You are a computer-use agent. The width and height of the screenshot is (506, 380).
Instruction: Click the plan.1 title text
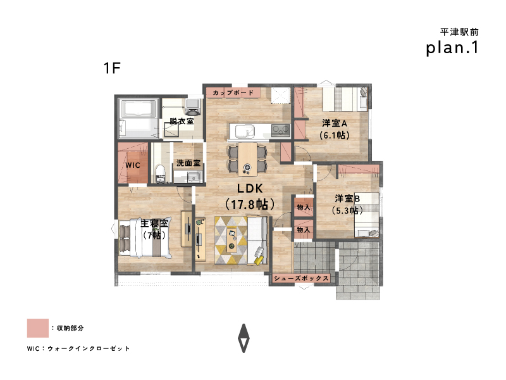point(452,48)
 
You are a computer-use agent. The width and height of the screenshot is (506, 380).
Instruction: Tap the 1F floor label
point(112,68)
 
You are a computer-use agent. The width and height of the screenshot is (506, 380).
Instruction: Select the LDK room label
point(250,188)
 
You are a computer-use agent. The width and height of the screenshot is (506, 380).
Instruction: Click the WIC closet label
point(133,165)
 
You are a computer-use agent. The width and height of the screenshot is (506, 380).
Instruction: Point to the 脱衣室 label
point(182,121)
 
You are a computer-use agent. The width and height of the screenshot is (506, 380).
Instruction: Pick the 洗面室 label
point(188,163)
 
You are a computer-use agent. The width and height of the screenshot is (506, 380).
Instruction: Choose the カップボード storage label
point(233,92)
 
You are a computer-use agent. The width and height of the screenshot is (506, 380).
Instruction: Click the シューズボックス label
point(301,278)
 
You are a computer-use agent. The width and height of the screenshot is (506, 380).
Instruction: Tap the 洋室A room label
point(335,123)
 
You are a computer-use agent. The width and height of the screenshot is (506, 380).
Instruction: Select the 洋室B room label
point(347,198)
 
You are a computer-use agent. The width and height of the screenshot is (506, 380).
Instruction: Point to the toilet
point(161,173)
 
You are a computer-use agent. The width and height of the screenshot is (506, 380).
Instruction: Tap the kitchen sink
point(245,132)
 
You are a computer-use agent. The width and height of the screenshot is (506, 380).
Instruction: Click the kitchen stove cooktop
point(280,130)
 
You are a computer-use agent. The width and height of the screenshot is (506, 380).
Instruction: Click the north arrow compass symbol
point(244,338)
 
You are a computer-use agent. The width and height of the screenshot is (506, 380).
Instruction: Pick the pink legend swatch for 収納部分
point(38,328)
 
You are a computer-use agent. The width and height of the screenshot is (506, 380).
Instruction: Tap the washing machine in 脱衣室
point(193,107)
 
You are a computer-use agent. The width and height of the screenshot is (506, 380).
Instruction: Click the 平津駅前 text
point(459,32)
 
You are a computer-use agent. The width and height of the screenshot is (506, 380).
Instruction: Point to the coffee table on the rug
point(231,240)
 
